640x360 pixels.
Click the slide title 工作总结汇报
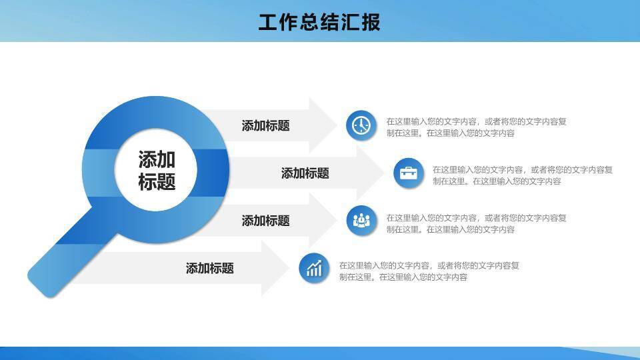click(x=319, y=22)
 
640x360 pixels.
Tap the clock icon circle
click(x=361, y=125)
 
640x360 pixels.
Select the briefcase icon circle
click(x=408, y=173)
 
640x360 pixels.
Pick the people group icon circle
click(x=361, y=221)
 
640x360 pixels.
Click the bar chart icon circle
click(x=314, y=269)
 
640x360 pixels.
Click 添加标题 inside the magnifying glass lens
click(x=157, y=170)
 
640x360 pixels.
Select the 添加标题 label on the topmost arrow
click(x=265, y=125)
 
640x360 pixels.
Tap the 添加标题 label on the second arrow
click(x=305, y=173)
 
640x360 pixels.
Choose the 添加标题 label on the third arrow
click(x=265, y=221)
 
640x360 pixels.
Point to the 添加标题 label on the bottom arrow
click(x=209, y=269)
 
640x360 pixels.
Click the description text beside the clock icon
click(x=476, y=127)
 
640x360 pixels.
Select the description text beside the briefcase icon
click(x=522, y=175)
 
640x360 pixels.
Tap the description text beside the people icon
click(x=476, y=223)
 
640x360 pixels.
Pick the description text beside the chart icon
click(x=429, y=271)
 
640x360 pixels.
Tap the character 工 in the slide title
click(x=267, y=22)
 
